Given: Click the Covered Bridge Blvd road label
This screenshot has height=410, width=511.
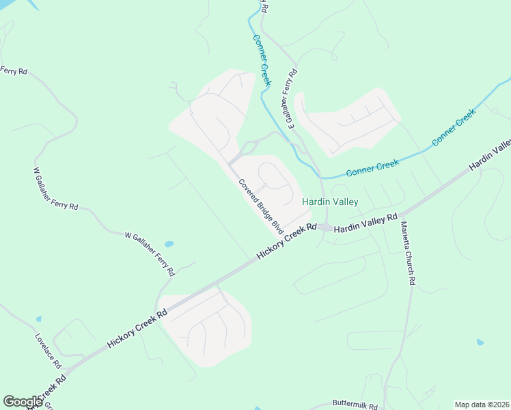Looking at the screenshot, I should (260, 206).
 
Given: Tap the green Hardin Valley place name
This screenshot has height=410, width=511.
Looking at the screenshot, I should (330, 202).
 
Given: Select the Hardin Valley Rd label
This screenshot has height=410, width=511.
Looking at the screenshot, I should (365, 222).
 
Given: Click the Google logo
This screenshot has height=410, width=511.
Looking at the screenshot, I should (23, 402).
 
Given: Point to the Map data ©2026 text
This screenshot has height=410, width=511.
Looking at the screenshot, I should (482, 405).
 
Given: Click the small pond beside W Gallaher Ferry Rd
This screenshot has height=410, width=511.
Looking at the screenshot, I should (169, 244).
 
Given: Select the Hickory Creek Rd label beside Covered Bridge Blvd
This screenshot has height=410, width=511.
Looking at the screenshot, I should (286, 241).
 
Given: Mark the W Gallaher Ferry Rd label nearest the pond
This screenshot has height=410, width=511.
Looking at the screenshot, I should (150, 254).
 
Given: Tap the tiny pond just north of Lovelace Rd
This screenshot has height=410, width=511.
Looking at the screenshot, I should (39, 319).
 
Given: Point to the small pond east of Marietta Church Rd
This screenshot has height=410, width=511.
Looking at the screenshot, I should (480, 342).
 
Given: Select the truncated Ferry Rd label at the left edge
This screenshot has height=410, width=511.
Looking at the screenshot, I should (14, 70).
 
